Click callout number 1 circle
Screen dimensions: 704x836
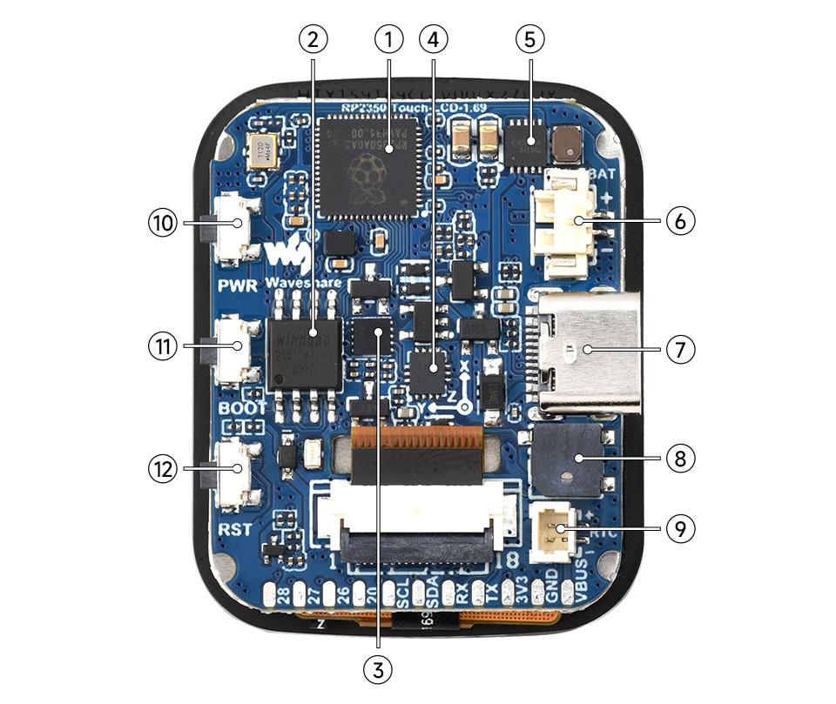point(389,38)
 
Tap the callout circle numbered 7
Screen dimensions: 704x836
point(681,350)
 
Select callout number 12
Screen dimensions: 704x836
point(161,469)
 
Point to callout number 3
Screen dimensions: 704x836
point(379,668)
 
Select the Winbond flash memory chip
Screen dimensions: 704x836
point(304,352)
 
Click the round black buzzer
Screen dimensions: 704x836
point(565,459)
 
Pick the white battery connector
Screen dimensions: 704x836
point(572,225)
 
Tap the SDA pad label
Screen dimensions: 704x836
point(428,593)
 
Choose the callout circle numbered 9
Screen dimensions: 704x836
point(681,527)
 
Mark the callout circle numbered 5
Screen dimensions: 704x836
point(529,38)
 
